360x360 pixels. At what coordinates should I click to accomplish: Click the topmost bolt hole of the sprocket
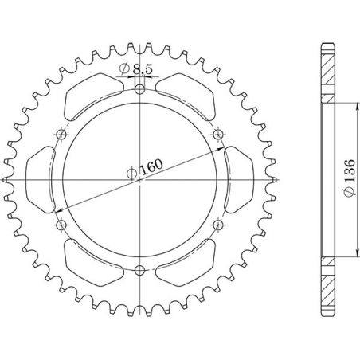(141, 88)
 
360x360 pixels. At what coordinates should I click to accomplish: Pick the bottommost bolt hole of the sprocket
(141, 270)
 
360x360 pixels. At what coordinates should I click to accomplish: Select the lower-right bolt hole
(219, 225)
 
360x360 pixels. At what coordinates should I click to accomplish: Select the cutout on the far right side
(239, 179)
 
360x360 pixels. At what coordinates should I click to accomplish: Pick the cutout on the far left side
(42, 179)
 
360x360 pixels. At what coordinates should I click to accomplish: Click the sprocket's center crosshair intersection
(141, 179)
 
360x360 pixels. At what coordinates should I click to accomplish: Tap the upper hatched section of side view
(327, 72)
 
